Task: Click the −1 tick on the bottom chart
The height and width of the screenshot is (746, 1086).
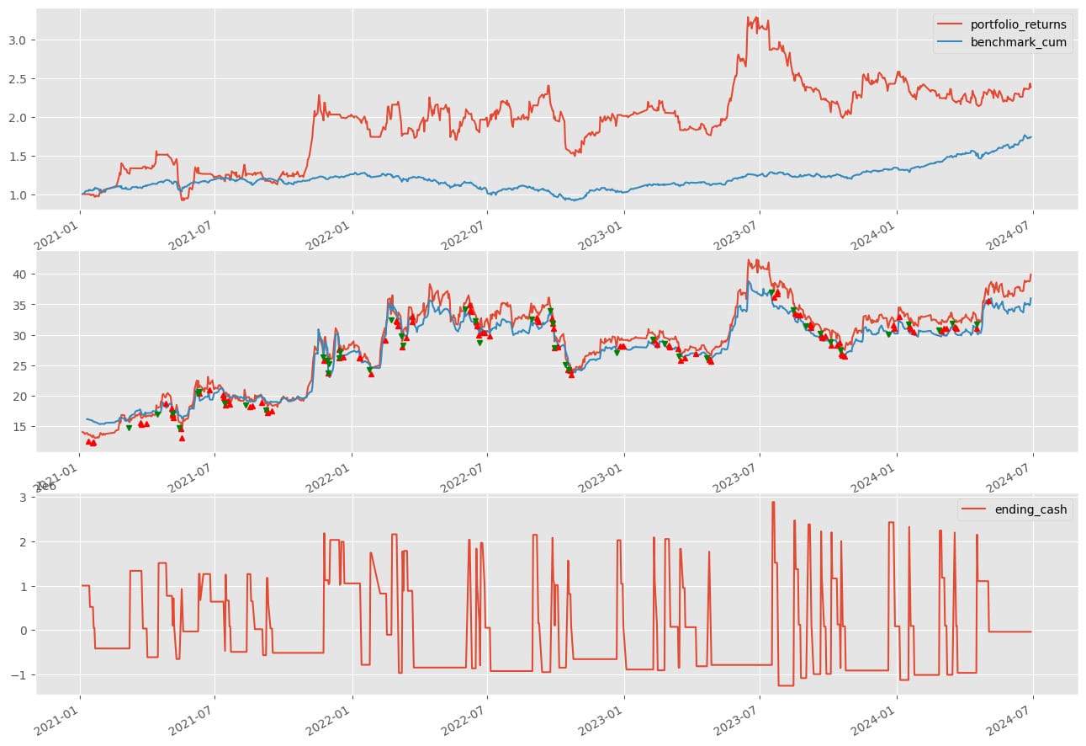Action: point(20,674)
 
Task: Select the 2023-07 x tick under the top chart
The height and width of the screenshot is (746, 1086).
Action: point(739,229)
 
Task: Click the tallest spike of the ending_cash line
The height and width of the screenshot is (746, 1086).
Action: point(773,503)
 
